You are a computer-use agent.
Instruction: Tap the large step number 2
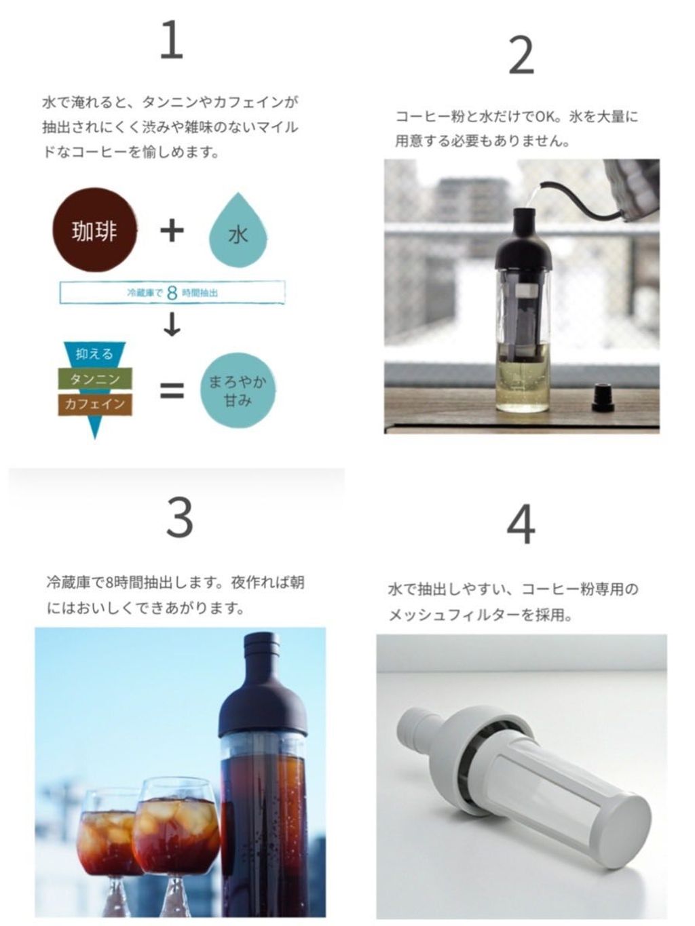point(521,56)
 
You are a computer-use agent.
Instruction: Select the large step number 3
point(180,517)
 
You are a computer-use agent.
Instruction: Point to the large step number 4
point(521,524)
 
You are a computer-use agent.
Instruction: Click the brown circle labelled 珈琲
point(95,230)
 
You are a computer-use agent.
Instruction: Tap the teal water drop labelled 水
point(238,230)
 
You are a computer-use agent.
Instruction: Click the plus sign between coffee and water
point(172,231)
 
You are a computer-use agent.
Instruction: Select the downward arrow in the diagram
point(172,324)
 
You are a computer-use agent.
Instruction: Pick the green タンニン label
point(95,379)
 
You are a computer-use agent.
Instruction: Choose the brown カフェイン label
point(95,404)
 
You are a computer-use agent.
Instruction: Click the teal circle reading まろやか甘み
point(238,390)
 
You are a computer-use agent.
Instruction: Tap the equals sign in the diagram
point(172,391)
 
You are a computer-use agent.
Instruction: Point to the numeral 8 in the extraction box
point(172,292)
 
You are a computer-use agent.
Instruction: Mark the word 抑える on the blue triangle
point(94,353)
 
